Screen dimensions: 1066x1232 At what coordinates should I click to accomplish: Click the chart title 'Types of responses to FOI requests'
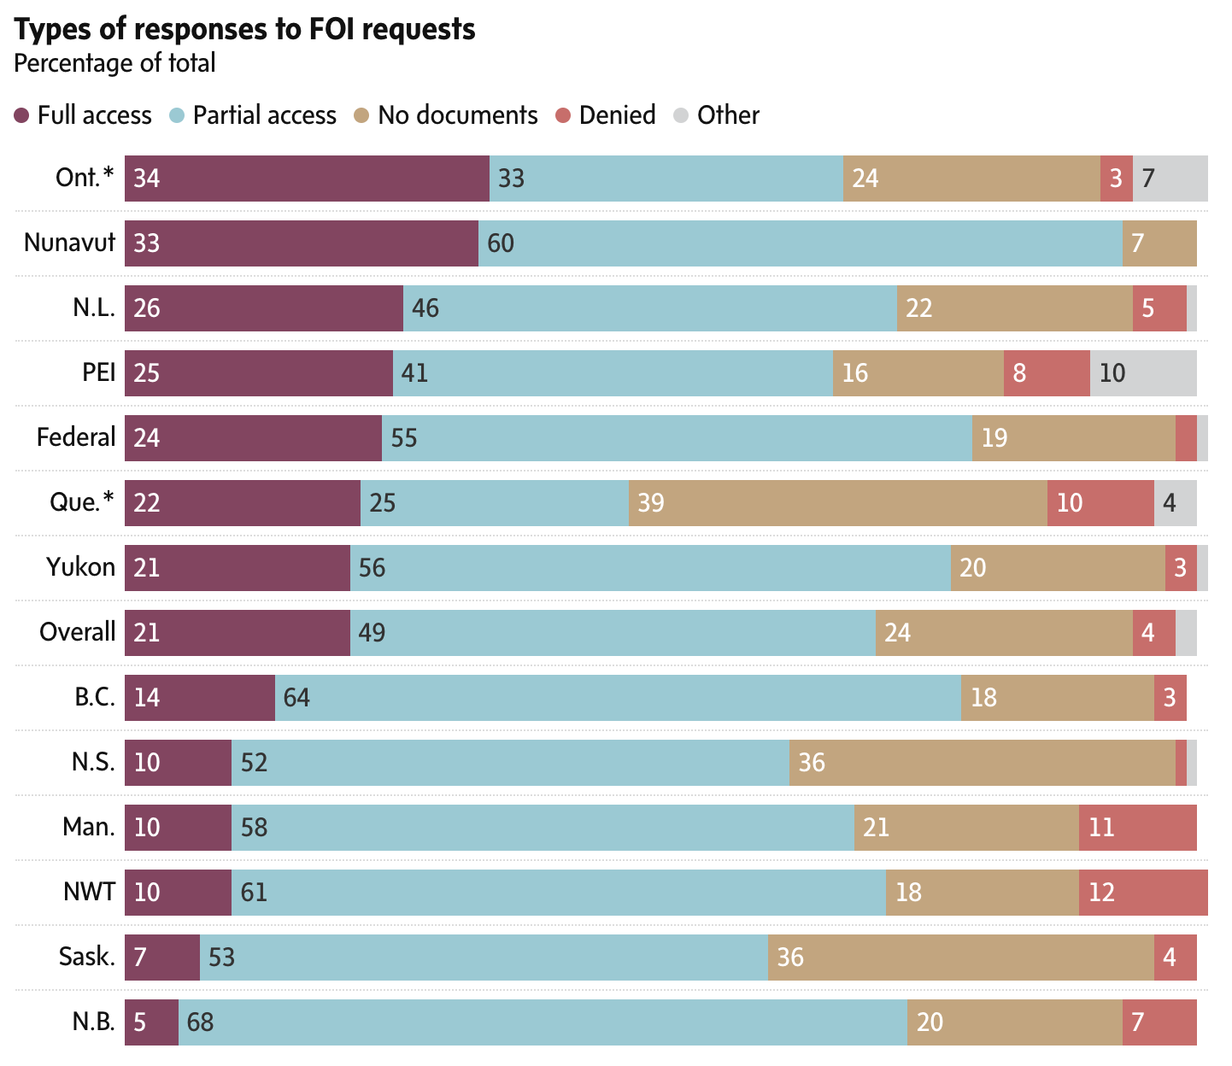[x=244, y=29]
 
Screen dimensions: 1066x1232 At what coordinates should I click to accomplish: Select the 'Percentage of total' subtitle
[x=114, y=63]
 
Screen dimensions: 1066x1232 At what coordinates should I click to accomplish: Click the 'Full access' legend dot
[x=23, y=115]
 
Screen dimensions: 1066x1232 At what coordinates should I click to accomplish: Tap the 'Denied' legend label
[x=617, y=115]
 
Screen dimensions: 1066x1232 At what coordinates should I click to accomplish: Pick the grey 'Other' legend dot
[x=681, y=115]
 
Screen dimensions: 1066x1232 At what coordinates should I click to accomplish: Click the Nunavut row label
[x=69, y=243]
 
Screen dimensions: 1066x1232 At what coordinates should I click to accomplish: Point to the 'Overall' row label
[x=77, y=632]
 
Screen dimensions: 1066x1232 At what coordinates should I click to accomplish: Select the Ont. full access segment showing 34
[x=307, y=179]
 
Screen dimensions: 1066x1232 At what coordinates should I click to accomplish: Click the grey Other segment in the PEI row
[x=1143, y=373]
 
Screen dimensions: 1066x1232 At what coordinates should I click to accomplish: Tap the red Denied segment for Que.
[x=1100, y=503]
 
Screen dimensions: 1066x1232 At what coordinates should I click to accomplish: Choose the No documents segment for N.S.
[x=982, y=763]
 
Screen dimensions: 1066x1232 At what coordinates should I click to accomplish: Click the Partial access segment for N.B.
[x=543, y=1022]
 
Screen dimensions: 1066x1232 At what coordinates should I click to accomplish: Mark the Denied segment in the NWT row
[x=1143, y=893]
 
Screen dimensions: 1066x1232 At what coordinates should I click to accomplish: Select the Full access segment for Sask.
[x=162, y=958]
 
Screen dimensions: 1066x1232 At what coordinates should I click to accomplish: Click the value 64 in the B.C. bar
[x=296, y=698]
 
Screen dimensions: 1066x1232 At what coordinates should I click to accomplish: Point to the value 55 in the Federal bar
[x=404, y=438]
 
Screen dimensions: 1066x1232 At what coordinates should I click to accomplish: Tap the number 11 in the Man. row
[x=1101, y=828]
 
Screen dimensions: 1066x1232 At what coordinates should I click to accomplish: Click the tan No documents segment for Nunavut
[x=1159, y=243]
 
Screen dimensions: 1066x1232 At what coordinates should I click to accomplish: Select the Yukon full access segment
[x=238, y=568]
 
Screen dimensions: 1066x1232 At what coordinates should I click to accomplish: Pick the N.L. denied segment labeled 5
[x=1159, y=308]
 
